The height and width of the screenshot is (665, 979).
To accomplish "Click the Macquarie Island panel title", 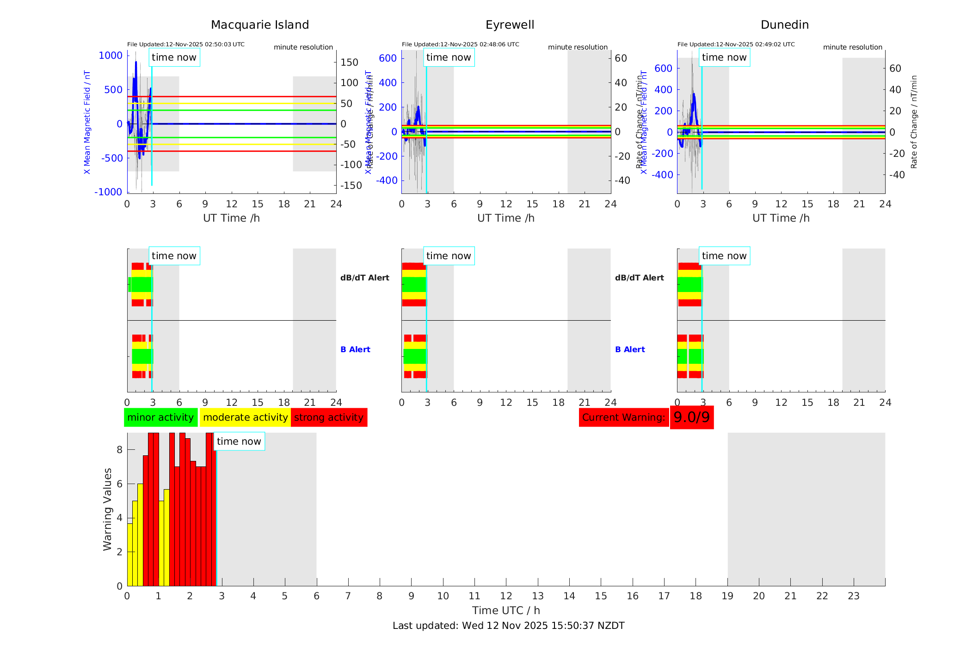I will (260, 25).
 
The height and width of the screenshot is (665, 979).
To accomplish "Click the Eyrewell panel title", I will (510, 25).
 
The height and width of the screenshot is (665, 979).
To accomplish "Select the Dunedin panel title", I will (784, 25).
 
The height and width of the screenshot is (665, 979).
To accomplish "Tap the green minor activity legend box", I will (160, 417).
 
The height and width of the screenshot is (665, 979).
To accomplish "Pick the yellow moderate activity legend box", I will (245, 417).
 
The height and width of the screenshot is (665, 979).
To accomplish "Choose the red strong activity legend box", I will (329, 417).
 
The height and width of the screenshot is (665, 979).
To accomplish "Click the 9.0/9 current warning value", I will (691, 417).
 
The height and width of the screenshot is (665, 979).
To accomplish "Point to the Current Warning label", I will (623, 417).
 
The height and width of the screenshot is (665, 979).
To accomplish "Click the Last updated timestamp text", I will (508, 626).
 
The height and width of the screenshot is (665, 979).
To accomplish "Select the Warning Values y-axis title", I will (108, 509).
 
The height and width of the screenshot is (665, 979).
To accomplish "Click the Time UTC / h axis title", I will (506, 610).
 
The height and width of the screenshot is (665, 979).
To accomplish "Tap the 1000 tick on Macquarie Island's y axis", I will (111, 56).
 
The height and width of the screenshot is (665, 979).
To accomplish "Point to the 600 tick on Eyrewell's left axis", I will (388, 58).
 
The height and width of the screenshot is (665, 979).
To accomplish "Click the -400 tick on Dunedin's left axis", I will (662, 175).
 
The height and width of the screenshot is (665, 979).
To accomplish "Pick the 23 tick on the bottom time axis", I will (853, 596).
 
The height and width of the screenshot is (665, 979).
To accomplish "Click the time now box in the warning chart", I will (239, 441).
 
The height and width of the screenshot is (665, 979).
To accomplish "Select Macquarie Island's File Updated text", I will (186, 44).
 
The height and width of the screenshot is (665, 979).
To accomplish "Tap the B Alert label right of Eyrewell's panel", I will (630, 349).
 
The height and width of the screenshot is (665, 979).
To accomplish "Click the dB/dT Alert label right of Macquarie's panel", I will (364, 278).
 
